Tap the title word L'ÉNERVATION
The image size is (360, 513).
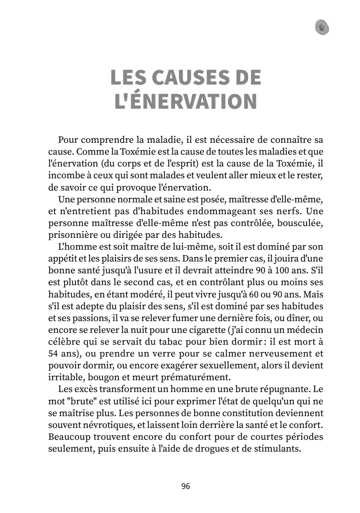(x=185, y=102)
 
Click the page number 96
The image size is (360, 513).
(x=185, y=486)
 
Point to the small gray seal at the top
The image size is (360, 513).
(x=322, y=27)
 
